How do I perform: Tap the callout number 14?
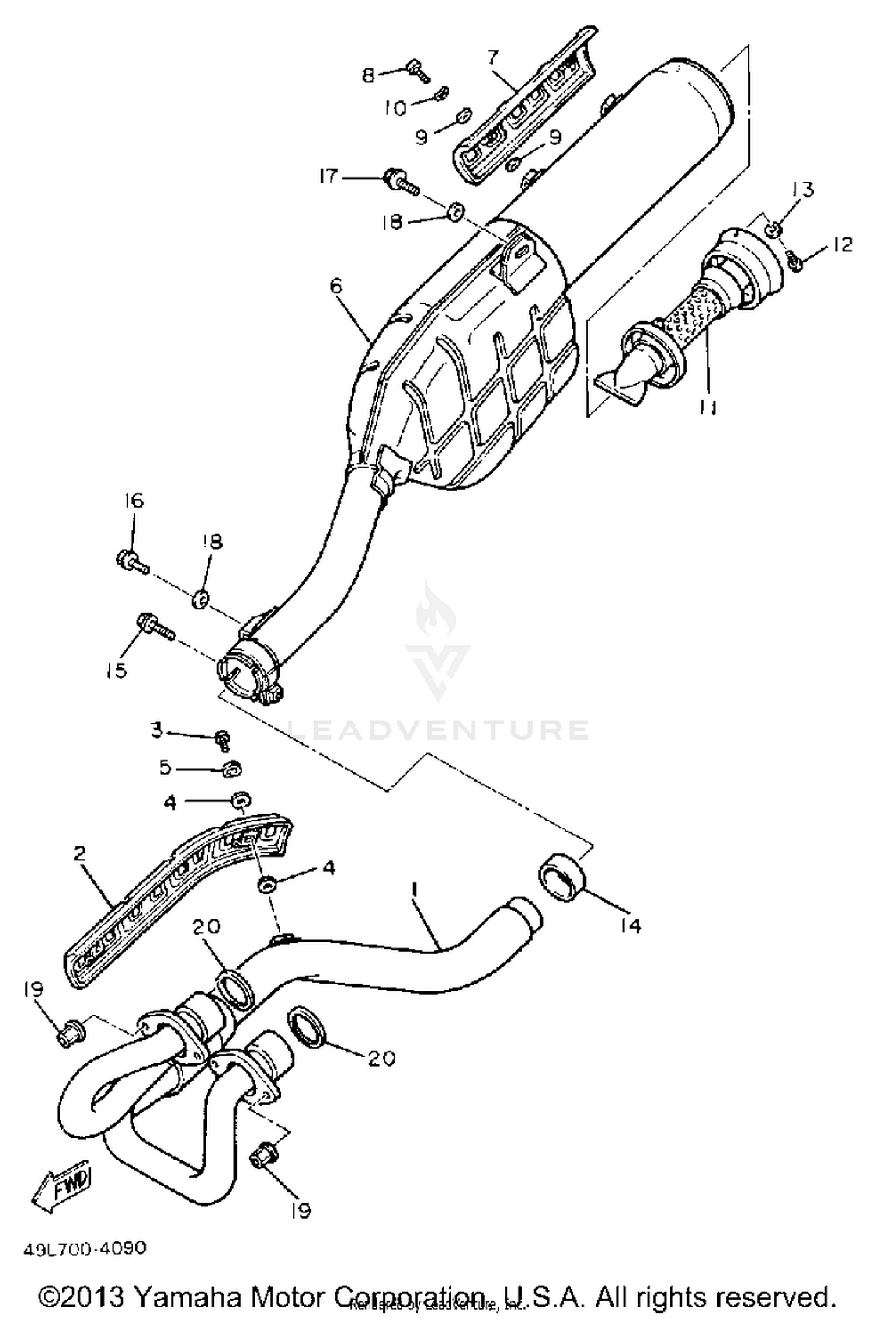click(x=630, y=926)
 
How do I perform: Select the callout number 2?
click(x=80, y=853)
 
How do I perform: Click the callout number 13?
click(x=802, y=189)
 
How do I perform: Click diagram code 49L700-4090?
click(x=85, y=1248)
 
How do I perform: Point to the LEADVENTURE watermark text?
click(x=438, y=730)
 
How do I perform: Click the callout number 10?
click(x=395, y=108)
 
